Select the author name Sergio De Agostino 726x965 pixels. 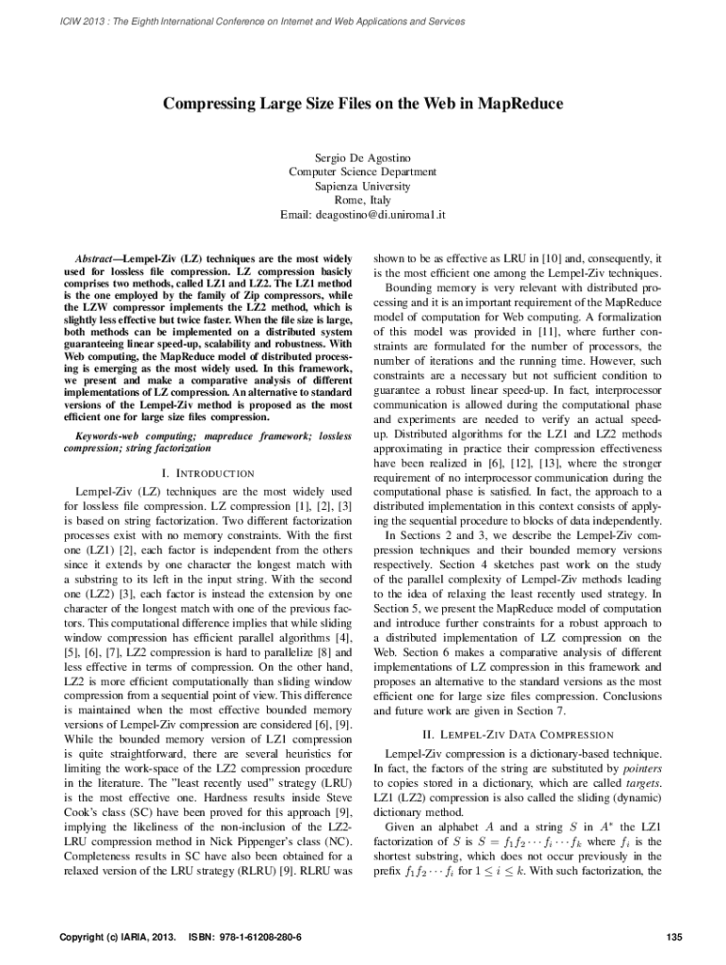coord(362,155)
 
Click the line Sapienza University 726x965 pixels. coord(362,186)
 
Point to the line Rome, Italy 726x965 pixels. coord(362,200)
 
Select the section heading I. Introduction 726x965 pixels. coord(207,472)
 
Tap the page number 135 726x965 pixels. coord(673,938)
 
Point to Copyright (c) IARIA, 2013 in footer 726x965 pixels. coord(117,938)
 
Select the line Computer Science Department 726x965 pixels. coord(362,171)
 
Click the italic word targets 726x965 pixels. coord(643,784)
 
